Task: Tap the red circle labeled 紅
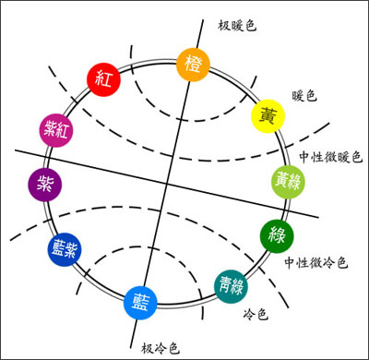(x=102, y=78)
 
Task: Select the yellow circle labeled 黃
(x=268, y=116)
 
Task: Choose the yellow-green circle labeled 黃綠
(x=285, y=180)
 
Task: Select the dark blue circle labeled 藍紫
(x=63, y=248)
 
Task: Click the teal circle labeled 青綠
(x=231, y=285)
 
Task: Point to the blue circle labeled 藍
(x=141, y=301)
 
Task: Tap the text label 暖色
(x=304, y=95)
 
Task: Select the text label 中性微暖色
(x=330, y=157)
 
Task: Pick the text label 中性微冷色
(x=315, y=262)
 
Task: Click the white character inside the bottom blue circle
(x=141, y=301)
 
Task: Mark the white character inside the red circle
(x=102, y=78)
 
